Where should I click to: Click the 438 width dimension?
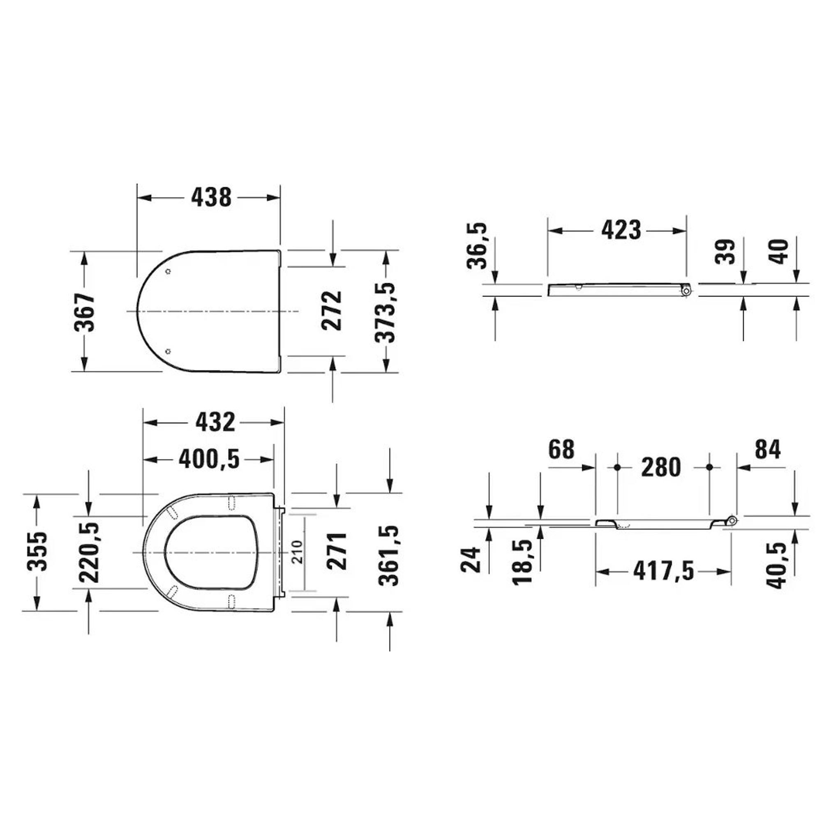(211, 197)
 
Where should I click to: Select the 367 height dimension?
(85, 312)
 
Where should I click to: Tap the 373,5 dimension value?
(385, 312)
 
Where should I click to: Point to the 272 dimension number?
(331, 311)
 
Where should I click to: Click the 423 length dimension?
(621, 230)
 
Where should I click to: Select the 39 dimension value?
(725, 252)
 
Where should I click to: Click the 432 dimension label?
(215, 422)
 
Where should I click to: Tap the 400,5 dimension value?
(209, 459)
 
